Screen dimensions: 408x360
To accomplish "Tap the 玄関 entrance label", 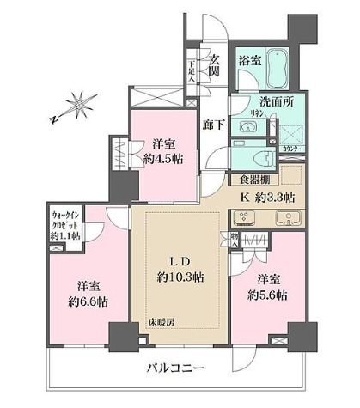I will coord(214,64).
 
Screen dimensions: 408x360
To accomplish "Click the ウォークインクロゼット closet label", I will coord(64,224).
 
